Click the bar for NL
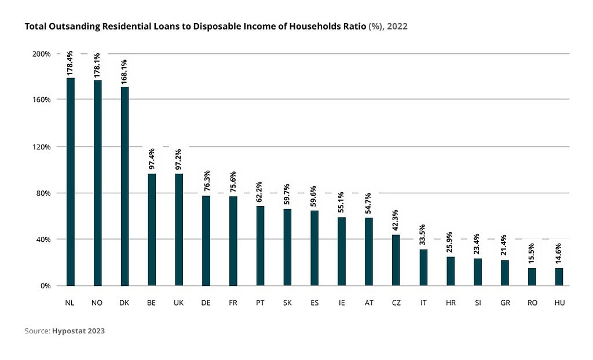[x=70, y=182]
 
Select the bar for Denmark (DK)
[x=125, y=186]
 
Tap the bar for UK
[x=179, y=230]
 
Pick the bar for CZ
[x=396, y=260]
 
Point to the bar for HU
[x=559, y=277]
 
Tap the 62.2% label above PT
[x=260, y=190]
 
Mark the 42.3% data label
[x=396, y=220]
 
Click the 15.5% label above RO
[x=532, y=253]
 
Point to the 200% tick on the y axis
[x=42, y=54]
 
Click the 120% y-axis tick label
[x=42, y=146]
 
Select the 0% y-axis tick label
[x=46, y=286]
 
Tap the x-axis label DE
[x=206, y=303]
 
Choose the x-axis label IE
[x=342, y=303]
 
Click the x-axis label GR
[x=505, y=303]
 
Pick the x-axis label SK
[x=287, y=303]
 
